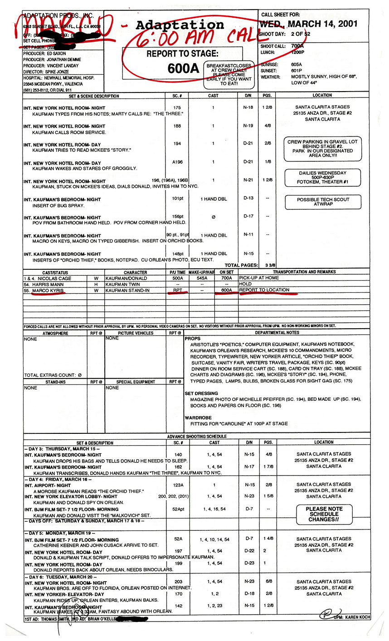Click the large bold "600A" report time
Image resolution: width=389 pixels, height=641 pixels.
pyautogui.click(x=183, y=68)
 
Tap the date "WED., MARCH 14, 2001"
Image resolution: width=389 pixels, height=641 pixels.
pyautogui.click(x=308, y=24)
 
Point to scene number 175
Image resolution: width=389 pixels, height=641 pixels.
pyautogui.click(x=177, y=108)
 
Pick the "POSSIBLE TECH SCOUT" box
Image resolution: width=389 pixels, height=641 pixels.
pyautogui.click(x=323, y=202)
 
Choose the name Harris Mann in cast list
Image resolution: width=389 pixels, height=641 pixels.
pyautogui.click(x=48, y=284)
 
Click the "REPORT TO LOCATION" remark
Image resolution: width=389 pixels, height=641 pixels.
pyautogui.click(x=264, y=290)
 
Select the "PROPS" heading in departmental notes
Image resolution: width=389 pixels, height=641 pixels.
pyautogui.click(x=193, y=339)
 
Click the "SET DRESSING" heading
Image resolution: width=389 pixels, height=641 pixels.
pyautogui.click(x=201, y=393)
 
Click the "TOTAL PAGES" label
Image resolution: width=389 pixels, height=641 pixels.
pyautogui.click(x=240, y=265)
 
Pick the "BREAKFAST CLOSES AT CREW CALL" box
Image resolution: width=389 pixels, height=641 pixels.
pyautogui.click(x=229, y=74)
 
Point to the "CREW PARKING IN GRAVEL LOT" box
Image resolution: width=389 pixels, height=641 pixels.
pyautogui.click(x=322, y=148)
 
